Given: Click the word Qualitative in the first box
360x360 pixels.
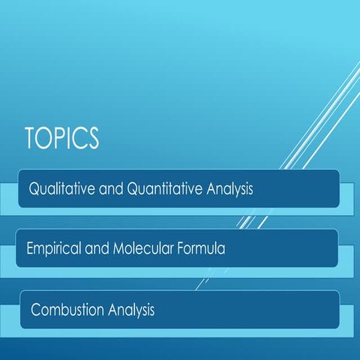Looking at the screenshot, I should point(60,189).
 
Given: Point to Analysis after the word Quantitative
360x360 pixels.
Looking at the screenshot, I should point(227,190).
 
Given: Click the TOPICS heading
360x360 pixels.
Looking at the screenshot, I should point(61,140).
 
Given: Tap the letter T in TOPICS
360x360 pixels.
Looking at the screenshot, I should point(31,140).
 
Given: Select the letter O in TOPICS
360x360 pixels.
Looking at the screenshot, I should point(44,140).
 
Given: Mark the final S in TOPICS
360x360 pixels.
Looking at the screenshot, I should point(93,140).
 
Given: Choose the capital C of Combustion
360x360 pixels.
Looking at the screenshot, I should point(36,309).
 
